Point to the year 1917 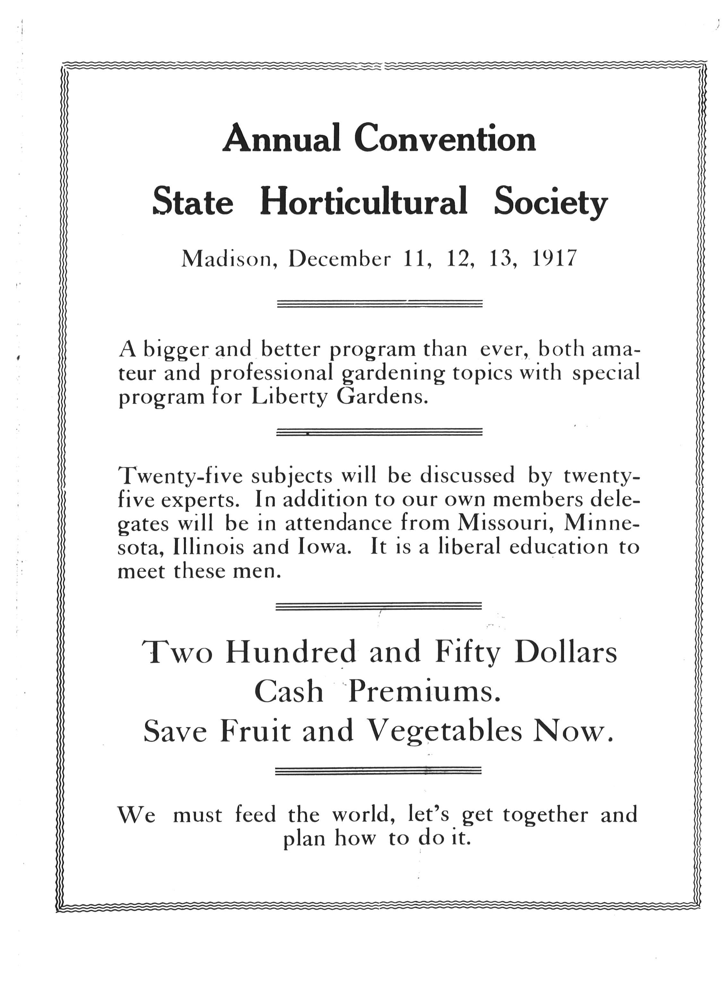[x=554, y=259]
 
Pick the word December [x=339, y=259]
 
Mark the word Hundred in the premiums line [x=291, y=652]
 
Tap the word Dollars [x=566, y=652]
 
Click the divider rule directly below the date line [x=380, y=304]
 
